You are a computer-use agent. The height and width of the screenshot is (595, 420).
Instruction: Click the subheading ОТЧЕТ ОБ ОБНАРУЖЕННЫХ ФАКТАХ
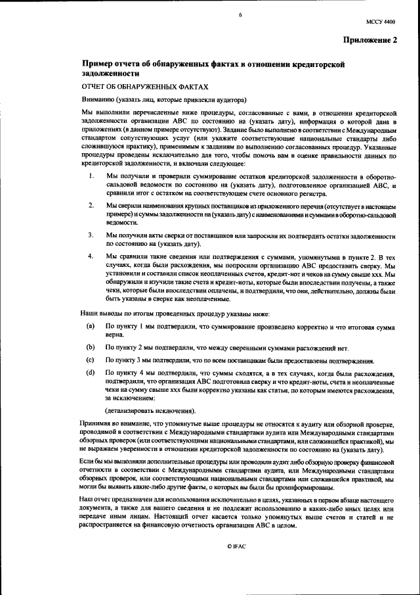[144, 87]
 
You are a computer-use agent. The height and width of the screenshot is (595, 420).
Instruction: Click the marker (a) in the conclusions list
[90, 325]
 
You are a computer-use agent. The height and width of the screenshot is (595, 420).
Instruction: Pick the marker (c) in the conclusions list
[90, 360]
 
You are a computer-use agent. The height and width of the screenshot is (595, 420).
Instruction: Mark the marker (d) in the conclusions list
[90, 373]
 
